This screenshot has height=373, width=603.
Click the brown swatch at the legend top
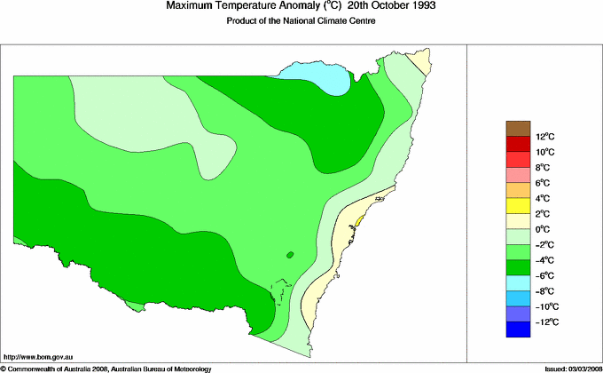pyautogui.click(x=518, y=129)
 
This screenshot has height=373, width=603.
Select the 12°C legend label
pyautogui.click(x=544, y=137)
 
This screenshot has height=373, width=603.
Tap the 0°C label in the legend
pyautogui.click(x=544, y=229)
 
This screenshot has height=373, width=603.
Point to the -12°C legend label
pyautogui.click(x=545, y=321)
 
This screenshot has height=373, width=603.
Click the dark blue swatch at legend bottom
pyautogui.click(x=518, y=329)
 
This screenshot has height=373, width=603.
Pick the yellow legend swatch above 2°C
pyautogui.click(x=518, y=206)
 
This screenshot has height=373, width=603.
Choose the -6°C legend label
pyautogui.click(x=545, y=275)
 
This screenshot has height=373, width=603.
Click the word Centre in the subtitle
pyautogui.click(x=362, y=20)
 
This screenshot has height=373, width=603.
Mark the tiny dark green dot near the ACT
pyautogui.click(x=290, y=256)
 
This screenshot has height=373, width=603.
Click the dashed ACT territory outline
pyautogui.click(x=281, y=292)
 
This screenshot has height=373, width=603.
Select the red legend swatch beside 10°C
pyautogui.click(x=518, y=144)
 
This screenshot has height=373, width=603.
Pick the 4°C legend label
pyautogui.click(x=544, y=198)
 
